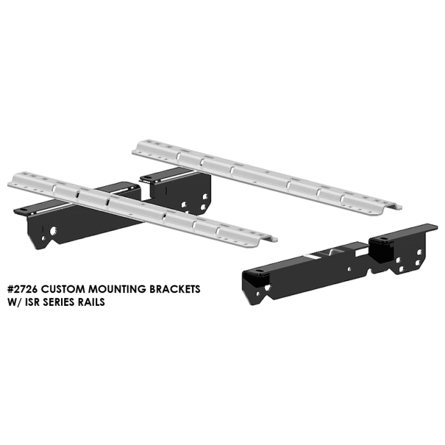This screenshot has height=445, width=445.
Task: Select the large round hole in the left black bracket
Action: pyautogui.click(x=53, y=230)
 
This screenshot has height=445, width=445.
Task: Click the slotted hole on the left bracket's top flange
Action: pyautogui.click(x=24, y=210)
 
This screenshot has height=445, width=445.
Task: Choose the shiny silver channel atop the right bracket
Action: pyautogui.click(x=318, y=257)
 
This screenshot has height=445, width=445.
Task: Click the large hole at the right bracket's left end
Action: pyautogui.click(x=267, y=287)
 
